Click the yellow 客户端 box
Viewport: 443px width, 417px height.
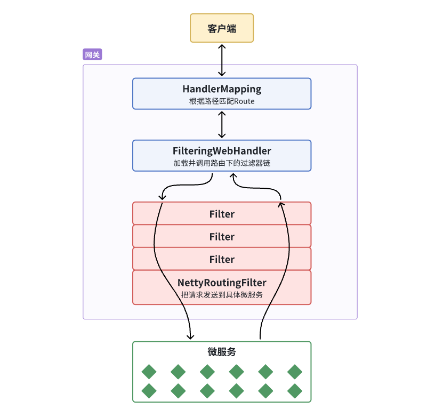222,28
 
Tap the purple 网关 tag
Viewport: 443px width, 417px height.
92,54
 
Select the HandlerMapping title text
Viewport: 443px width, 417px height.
222,89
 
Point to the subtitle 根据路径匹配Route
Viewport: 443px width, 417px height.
222,101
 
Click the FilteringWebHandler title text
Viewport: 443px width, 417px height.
222,151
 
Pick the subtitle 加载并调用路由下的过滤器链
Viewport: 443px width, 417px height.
222,163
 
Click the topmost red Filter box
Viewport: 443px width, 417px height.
222,214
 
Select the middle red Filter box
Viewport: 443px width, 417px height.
222,236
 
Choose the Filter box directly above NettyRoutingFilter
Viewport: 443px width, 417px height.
222,259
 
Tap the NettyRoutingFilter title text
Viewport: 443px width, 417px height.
222,282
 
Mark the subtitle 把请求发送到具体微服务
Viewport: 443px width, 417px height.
222,294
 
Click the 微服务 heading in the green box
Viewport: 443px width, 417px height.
222,351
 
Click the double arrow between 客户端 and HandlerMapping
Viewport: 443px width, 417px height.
222,60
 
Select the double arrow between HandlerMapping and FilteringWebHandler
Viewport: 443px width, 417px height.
222,125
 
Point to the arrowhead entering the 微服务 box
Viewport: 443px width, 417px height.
190,336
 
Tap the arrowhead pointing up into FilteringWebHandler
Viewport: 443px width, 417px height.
233,177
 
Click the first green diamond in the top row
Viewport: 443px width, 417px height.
149,372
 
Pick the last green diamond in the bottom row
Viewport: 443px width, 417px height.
294,391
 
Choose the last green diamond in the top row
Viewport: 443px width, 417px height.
294,372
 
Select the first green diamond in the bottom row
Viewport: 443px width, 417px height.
149,391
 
